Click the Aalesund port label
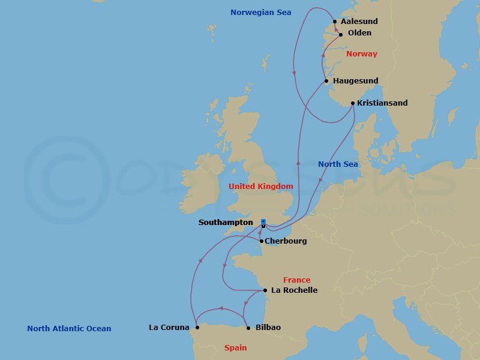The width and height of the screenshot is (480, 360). [x=359, y=22]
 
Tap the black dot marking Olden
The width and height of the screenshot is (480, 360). [x=340, y=34]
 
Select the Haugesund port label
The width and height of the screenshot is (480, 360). [x=355, y=81]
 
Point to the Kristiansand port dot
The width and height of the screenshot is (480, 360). [x=353, y=103]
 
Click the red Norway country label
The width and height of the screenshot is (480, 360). [x=362, y=54]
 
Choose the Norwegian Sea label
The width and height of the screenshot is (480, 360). [x=261, y=12]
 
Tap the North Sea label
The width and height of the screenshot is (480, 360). [x=338, y=164]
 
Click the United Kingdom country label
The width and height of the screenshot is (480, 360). [x=261, y=187]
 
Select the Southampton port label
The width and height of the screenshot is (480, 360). [x=226, y=223]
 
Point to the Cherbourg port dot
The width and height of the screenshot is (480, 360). [x=261, y=241]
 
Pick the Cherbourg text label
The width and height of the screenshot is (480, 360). [x=286, y=241]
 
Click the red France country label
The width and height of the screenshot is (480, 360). [x=297, y=280]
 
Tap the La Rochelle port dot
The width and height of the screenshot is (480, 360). [x=265, y=290]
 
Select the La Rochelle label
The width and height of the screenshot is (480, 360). [x=294, y=290]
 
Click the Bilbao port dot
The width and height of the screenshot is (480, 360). [x=248, y=328]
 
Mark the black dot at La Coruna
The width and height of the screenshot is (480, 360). [x=197, y=328]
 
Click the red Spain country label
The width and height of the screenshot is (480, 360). [x=235, y=348]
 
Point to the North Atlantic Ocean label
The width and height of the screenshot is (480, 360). [x=69, y=329]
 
